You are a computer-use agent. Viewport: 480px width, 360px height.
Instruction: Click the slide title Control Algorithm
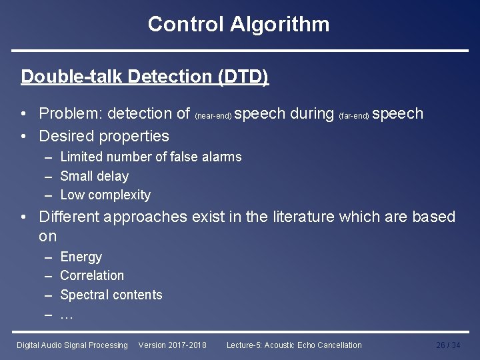tap(239, 25)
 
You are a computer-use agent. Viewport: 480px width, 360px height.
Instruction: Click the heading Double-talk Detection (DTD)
tap(145, 77)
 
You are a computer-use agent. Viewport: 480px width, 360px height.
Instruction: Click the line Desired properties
tap(104, 136)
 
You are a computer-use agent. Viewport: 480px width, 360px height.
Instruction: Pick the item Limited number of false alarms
tap(151, 157)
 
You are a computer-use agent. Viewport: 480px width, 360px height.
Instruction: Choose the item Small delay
tap(94, 177)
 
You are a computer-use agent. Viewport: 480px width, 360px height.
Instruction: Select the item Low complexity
tap(105, 195)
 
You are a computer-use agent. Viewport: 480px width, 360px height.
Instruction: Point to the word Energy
tap(81, 257)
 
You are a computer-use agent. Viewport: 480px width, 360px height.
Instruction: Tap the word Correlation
tap(92, 275)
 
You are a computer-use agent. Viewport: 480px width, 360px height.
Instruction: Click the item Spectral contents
tap(111, 295)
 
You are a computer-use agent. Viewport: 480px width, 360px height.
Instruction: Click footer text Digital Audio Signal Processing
tap(72, 345)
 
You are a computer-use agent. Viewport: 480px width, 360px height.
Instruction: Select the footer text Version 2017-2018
tap(172, 345)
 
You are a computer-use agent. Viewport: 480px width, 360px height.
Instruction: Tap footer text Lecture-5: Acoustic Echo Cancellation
tap(294, 345)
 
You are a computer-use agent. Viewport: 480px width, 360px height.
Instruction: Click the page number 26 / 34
tap(448, 345)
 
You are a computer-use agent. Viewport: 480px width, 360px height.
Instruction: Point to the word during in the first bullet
tap(312, 114)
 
